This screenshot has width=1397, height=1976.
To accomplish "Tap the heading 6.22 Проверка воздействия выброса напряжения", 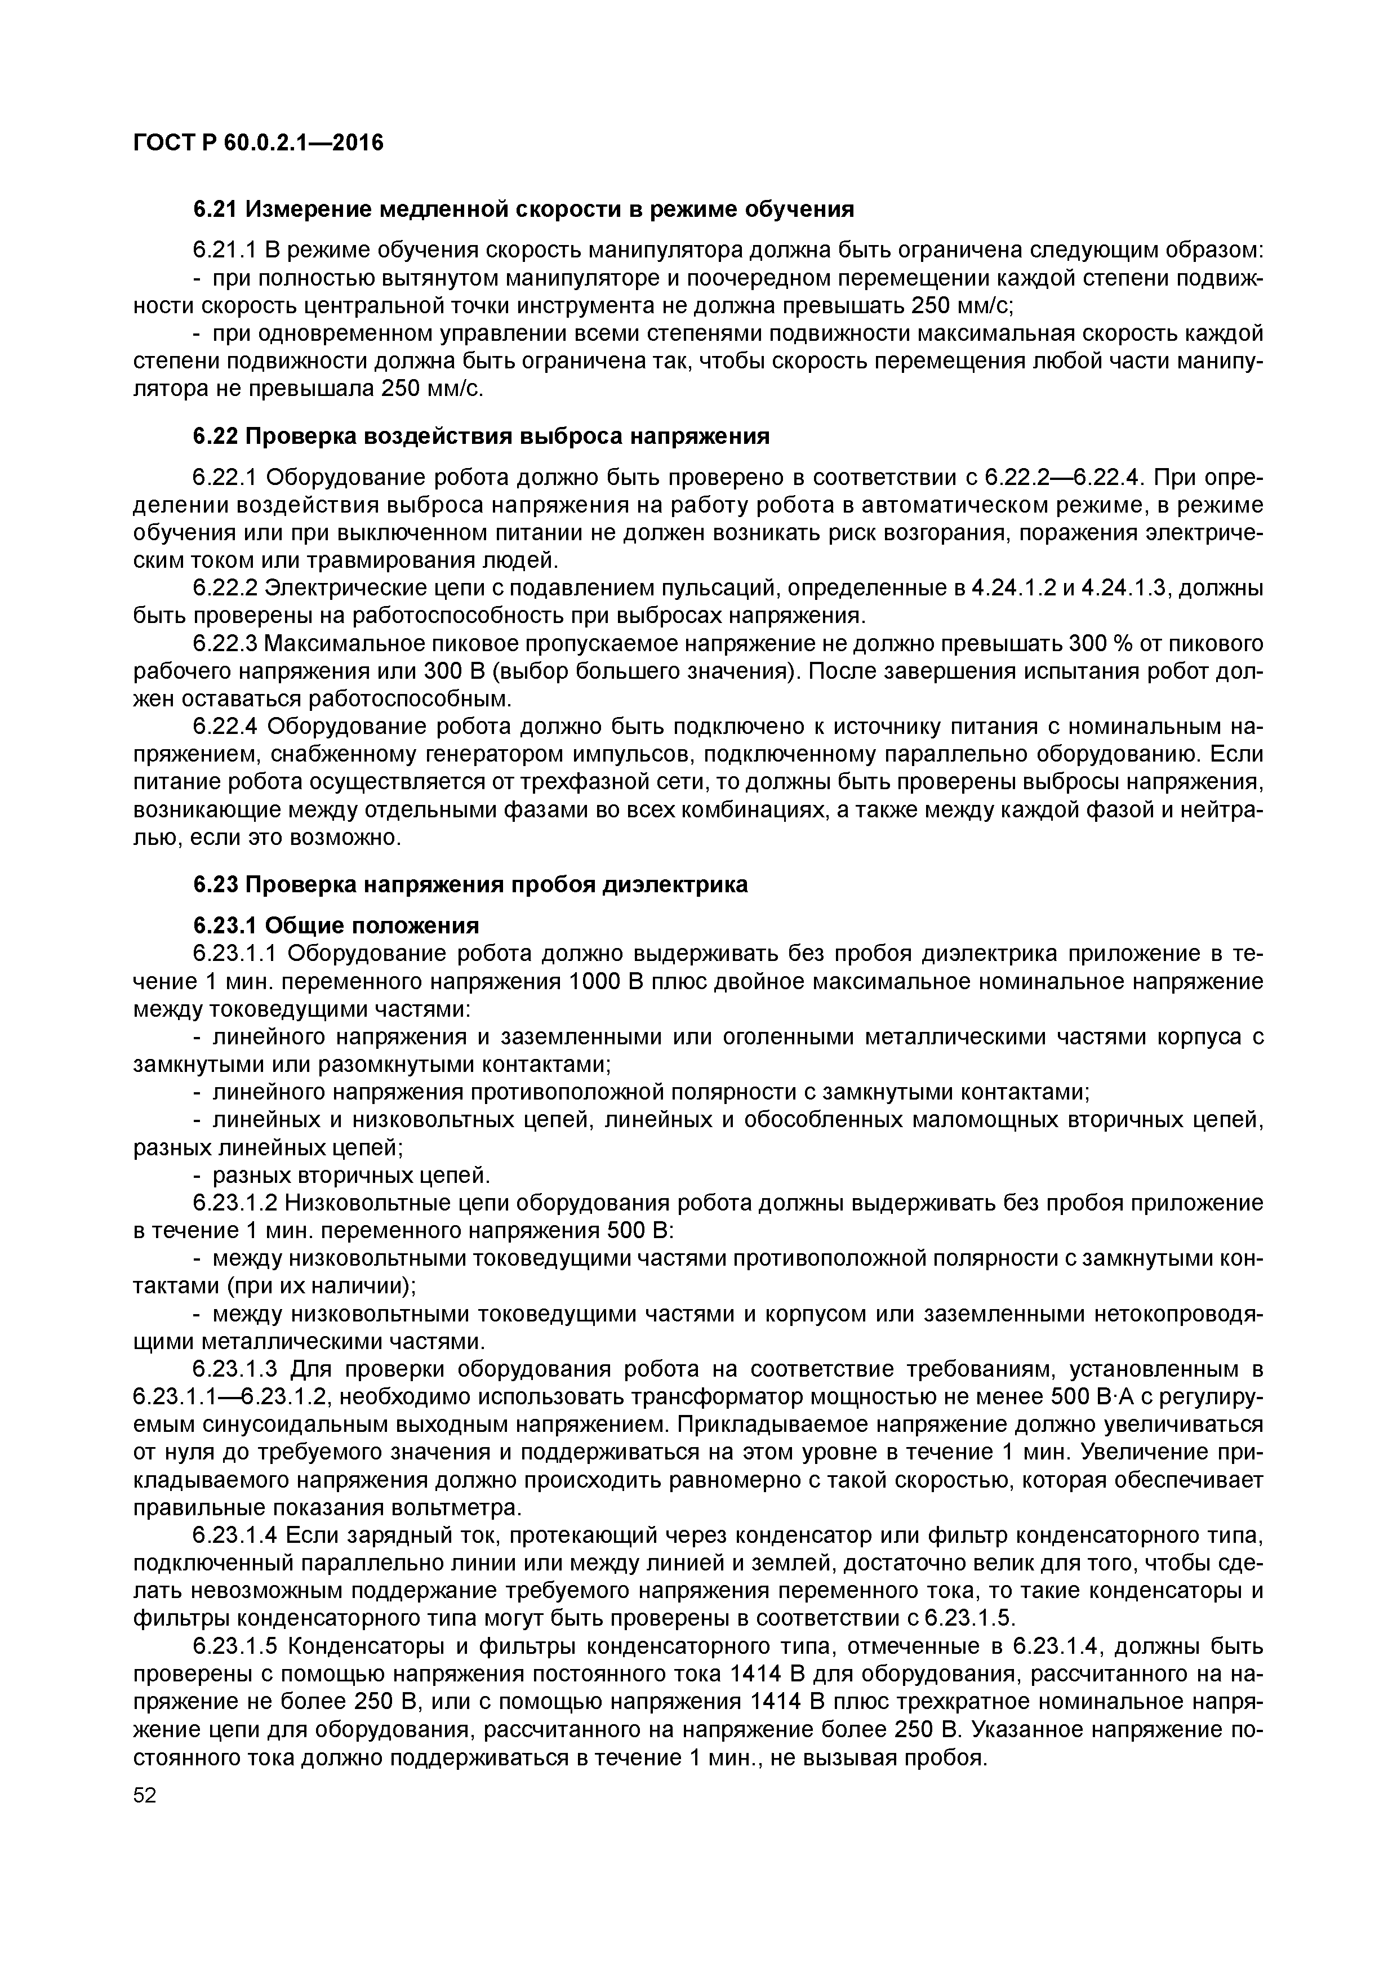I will coord(481,437).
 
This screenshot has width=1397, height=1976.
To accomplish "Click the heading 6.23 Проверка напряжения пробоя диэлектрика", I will coord(470,885).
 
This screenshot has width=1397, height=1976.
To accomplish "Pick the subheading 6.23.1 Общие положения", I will coord(336,925).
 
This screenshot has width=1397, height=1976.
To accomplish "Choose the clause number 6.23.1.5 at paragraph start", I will coord(236,1647).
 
